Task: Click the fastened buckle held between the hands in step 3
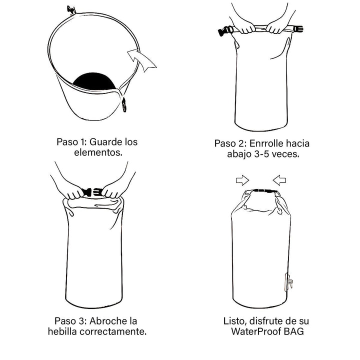pyautogui.click(x=91, y=192)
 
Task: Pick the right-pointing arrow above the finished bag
pyautogui.click(x=242, y=179)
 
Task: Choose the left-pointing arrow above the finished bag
pyautogui.click(x=279, y=179)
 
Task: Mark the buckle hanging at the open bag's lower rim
pyautogui.click(x=124, y=104)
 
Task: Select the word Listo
pyautogui.click(x=235, y=320)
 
